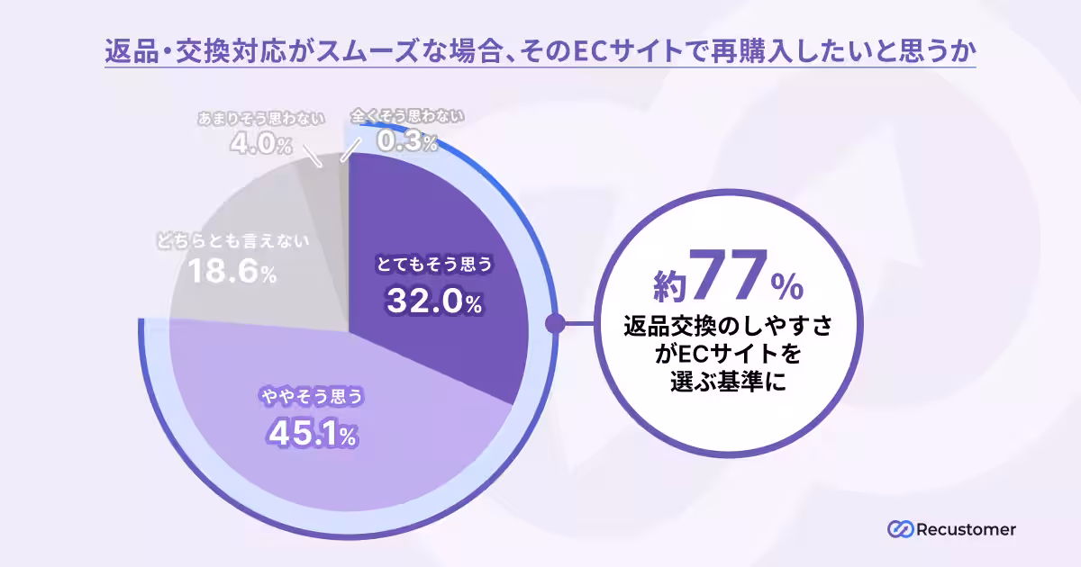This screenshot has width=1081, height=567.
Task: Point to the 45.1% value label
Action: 312,434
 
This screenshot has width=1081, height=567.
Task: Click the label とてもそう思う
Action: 434,265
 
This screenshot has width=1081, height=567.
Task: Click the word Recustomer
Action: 966,529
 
